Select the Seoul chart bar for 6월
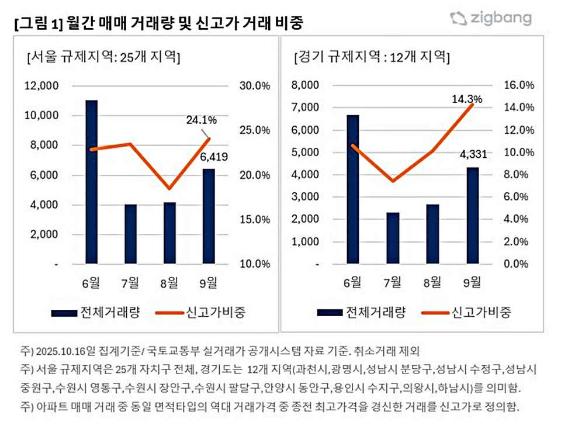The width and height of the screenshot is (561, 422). tap(91, 181)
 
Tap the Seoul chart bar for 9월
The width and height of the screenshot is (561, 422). tap(209, 216)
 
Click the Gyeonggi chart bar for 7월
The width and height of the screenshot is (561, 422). tap(393, 238)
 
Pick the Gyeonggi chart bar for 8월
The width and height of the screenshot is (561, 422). tap(433, 234)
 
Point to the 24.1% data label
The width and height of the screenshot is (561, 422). tap(202, 120)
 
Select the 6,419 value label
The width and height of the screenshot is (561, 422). tap(214, 157)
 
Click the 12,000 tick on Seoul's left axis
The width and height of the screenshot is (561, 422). tap(41, 85)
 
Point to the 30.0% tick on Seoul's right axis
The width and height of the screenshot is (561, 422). tap(255, 85)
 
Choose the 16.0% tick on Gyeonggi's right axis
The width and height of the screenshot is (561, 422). tap(520, 85)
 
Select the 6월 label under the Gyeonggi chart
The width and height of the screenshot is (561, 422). tap(354, 282)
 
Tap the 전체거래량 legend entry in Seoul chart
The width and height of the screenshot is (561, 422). tap(96, 312)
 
